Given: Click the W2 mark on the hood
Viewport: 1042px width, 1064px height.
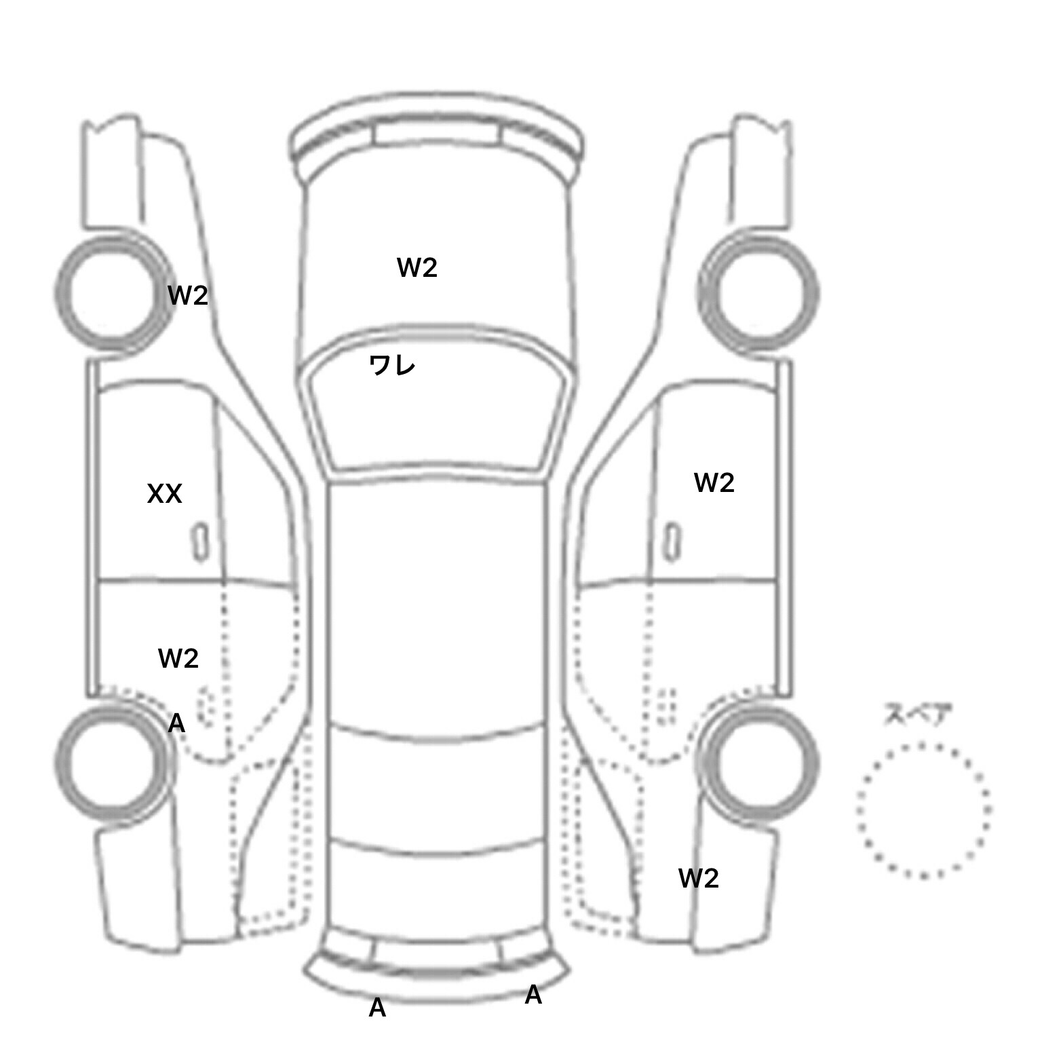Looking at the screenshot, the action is coord(417,268).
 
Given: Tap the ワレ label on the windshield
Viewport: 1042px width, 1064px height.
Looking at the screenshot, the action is coord(392,366).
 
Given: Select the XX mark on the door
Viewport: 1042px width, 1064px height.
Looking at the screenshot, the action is coord(165,494).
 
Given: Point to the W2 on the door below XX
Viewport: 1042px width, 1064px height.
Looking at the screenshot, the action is coord(178,658).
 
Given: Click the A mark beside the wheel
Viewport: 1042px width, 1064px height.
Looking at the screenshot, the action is coord(176,723).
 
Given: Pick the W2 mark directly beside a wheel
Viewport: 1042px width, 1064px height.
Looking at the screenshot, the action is coord(187,295).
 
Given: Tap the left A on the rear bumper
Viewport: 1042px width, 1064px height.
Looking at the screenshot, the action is coord(377,1008).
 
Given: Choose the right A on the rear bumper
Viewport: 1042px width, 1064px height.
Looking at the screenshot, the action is coord(533,995).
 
